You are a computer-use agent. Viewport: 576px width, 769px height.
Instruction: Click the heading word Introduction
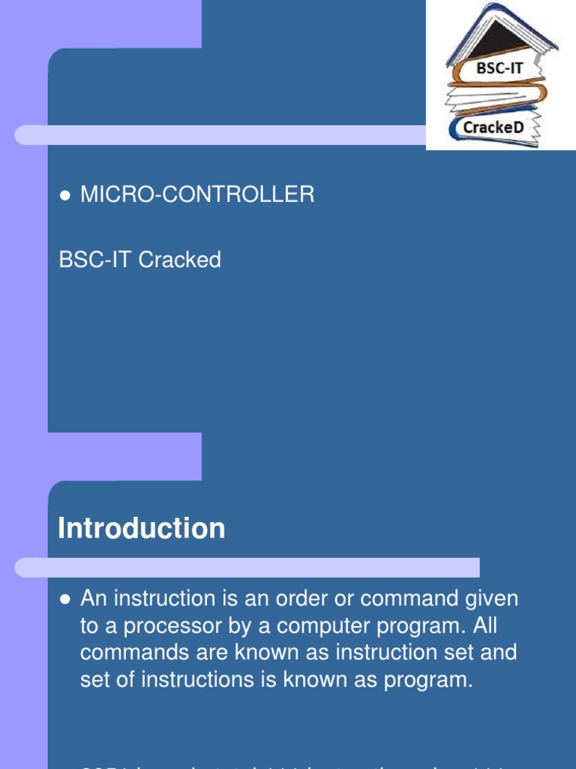click(x=141, y=529)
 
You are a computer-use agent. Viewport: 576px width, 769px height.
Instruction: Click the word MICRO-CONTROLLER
click(x=197, y=195)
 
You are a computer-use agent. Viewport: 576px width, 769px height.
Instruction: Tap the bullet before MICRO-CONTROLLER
click(x=64, y=195)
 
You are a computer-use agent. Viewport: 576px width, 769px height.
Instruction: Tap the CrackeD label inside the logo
click(x=493, y=128)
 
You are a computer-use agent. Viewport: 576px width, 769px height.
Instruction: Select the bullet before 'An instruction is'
click(x=64, y=599)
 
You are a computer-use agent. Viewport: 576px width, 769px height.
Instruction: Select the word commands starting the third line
click(x=132, y=652)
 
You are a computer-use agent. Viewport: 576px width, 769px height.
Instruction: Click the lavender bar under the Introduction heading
click(x=247, y=568)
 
